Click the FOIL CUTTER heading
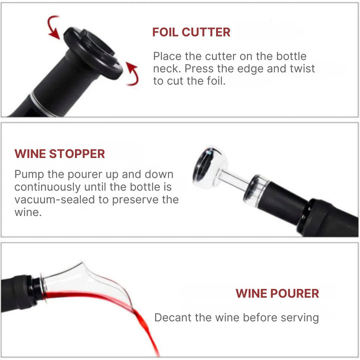point(191,32)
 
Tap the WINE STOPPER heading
point(59,154)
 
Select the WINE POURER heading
point(277,293)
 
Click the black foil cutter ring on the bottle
point(93,53)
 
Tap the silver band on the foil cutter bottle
point(42,104)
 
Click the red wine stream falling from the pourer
point(147,330)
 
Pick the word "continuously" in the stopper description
point(47,187)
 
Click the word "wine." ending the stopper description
point(28,212)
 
